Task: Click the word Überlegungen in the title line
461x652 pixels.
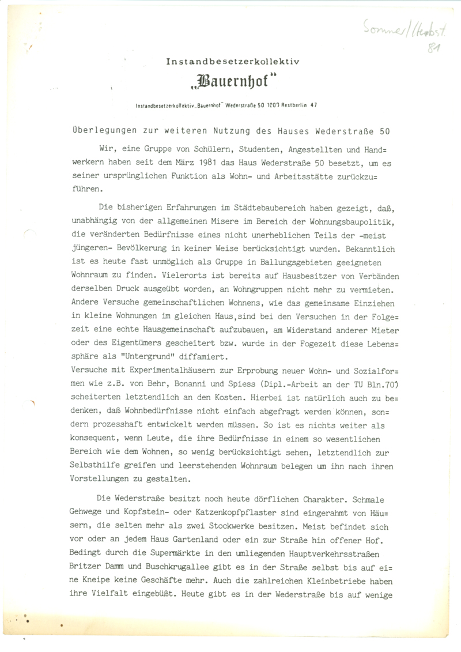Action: coord(95,130)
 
